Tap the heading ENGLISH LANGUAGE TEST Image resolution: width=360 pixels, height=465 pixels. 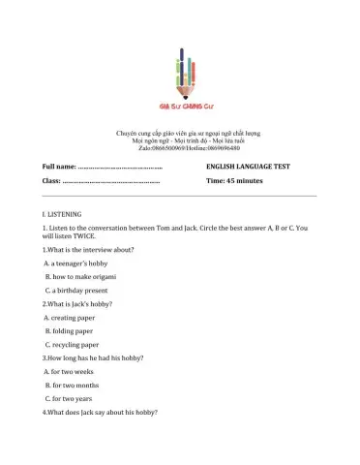click(x=248, y=167)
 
